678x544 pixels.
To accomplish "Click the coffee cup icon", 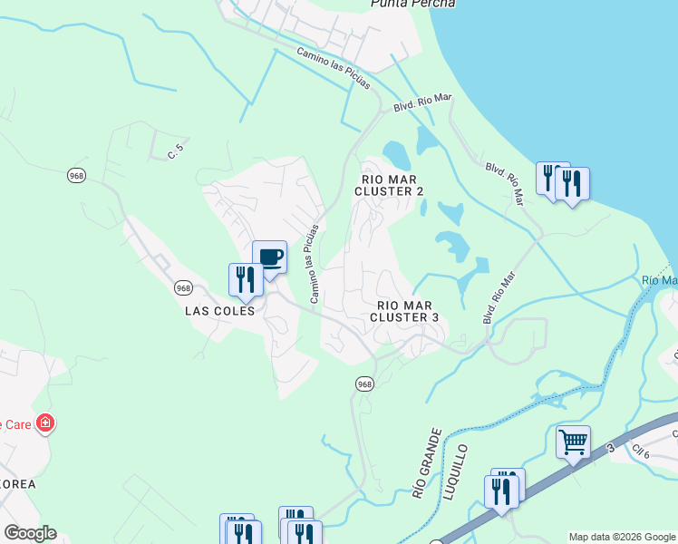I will click(269, 257).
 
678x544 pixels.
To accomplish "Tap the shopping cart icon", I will click(573, 442).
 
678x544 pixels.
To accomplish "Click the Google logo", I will click(30, 533).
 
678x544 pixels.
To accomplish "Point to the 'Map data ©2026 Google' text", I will click(622, 537).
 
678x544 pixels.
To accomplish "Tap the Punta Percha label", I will click(412, 5).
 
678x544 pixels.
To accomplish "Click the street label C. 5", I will click(176, 152).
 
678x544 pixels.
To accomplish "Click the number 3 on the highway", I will click(610, 448).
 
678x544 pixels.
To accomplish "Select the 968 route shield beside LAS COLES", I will click(183, 287).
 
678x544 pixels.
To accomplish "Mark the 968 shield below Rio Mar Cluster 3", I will click(364, 384).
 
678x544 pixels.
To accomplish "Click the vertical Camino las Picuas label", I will click(315, 263).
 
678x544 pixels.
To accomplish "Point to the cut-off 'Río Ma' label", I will click(659, 281).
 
